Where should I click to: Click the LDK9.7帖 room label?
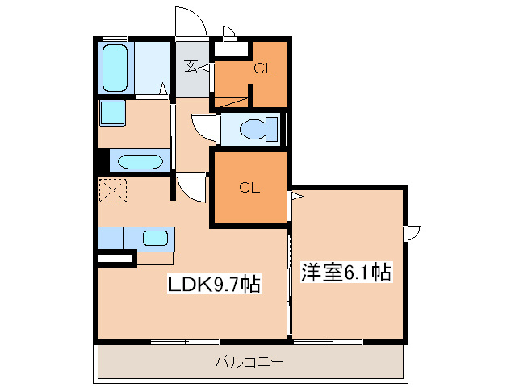(x=213, y=284)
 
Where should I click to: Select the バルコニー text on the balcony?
(x=249, y=363)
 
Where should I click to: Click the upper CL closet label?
(x=264, y=69)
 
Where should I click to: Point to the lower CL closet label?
(x=249, y=189)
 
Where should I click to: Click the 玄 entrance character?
(x=191, y=67)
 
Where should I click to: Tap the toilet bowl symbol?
(x=253, y=129)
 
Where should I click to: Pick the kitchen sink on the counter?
(x=155, y=239)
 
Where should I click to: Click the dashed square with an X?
(x=111, y=191)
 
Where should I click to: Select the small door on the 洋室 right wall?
(x=413, y=233)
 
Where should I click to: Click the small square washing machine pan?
(x=111, y=112)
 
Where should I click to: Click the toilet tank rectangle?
(x=271, y=129)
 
